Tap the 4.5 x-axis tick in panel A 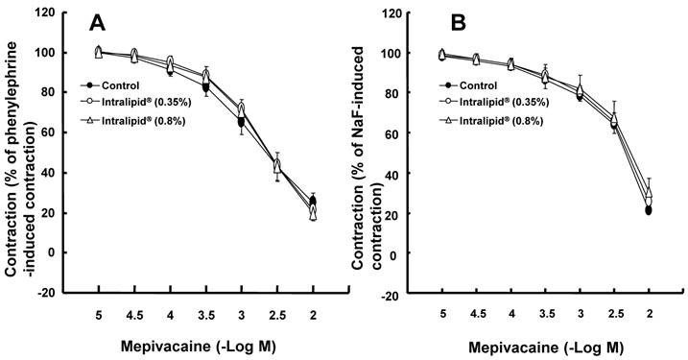coord(134,315)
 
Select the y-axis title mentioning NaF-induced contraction coord(370,154)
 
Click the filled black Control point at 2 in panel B coord(649,210)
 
